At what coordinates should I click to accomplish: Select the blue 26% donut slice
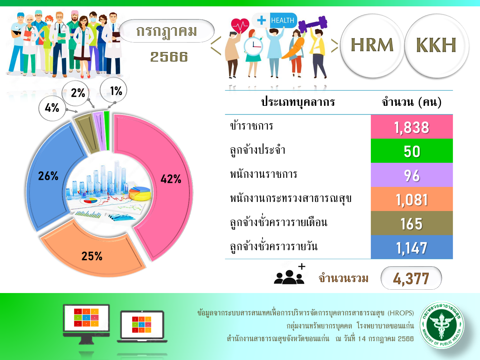point(48,177)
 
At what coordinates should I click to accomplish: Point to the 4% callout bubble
point(52,108)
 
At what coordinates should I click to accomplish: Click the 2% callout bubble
point(76,93)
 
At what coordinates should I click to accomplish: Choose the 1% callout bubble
point(114,90)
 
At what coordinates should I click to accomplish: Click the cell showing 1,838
point(412,127)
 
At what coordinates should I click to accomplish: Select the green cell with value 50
point(412,151)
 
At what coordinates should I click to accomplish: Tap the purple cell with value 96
point(412,175)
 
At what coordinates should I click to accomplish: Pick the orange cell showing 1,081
point(412,199)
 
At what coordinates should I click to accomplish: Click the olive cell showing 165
point(412,223)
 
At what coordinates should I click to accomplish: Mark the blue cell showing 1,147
point(412,247)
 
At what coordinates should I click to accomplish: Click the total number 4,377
point(411,278)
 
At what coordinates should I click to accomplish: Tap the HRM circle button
point(372,46)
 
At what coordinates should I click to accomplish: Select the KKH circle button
point(436,46)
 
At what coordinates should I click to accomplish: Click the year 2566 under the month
point(169,57)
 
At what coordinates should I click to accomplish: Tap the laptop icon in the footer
point(142,326)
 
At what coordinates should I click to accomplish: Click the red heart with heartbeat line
point(240,25)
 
